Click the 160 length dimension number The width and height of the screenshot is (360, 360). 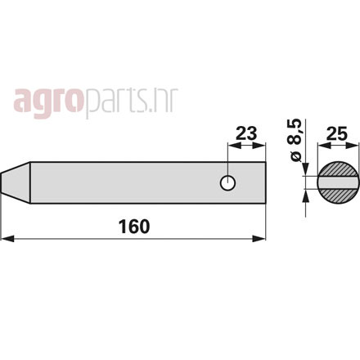134,227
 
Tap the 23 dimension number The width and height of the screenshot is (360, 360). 246,133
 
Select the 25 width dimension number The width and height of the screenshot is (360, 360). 337,133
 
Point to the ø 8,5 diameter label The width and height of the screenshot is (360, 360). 296,140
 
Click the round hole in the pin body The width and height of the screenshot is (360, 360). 227,182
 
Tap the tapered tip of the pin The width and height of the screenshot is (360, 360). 16,182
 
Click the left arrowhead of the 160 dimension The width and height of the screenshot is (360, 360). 7,239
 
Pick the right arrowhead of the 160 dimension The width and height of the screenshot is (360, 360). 259,239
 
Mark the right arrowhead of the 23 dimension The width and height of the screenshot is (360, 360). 259,146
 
